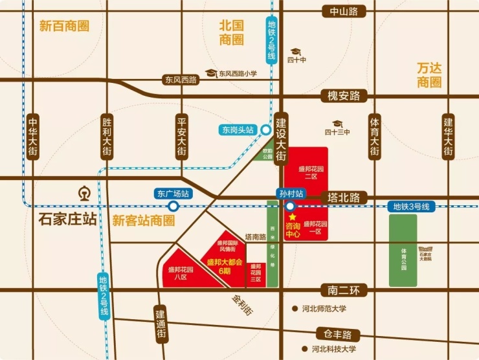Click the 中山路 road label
tap(344, 10)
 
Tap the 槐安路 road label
tap(344, 96)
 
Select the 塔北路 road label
tap(344, 197)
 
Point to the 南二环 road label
tap(344, 291)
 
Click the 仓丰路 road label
tap(338, 334)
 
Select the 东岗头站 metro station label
tap(238, 129)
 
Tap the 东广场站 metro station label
tap(173, 193)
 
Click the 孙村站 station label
tap(291, 193)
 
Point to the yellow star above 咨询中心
tap(293, 217)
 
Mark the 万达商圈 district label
tap(429, 74)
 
